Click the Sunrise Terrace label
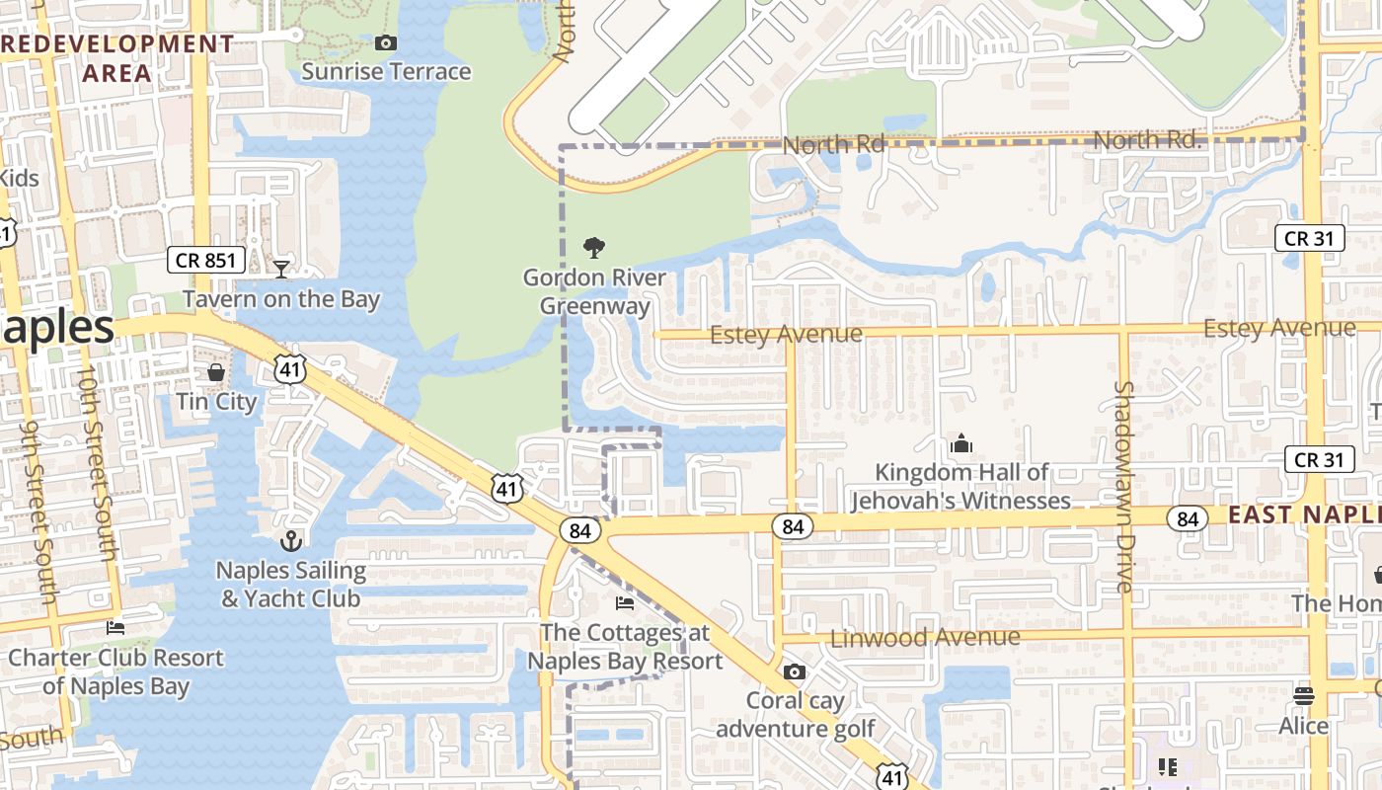click(386, 71)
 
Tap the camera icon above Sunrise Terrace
click(386, 42)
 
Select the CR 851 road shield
click(204, 260)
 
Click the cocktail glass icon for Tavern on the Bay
click(281, 268)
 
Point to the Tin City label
click(216, 401)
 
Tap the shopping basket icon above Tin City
click(216, 372)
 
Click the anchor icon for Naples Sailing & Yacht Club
click(290, 540)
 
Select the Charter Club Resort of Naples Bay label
click(115, 671)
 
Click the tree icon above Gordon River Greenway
click(594, 247)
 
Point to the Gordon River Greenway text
click(594, 291)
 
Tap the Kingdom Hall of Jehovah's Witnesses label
click(961, 487)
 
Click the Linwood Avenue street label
click(925, 638)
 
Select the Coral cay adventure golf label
click(795, 714)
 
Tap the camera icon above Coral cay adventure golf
click(794, 672)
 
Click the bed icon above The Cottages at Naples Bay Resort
click(625, 602)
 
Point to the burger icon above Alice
click(1304, 695)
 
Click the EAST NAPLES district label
click(1304, 514)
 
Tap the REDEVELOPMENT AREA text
click(117, 58)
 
